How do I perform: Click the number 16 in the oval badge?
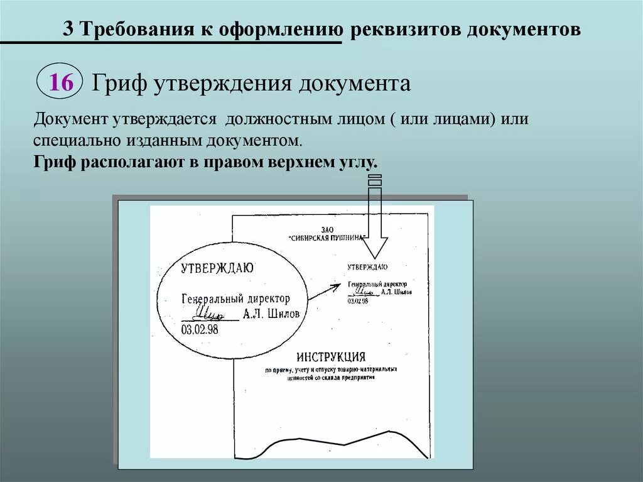(61, 82)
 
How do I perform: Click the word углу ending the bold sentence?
(360, 162)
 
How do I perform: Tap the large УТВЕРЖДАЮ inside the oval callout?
(217, 268)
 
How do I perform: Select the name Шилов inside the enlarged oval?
(283, 314)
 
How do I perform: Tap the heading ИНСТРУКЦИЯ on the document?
(331, 356)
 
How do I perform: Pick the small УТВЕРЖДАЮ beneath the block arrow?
(367, 266)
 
